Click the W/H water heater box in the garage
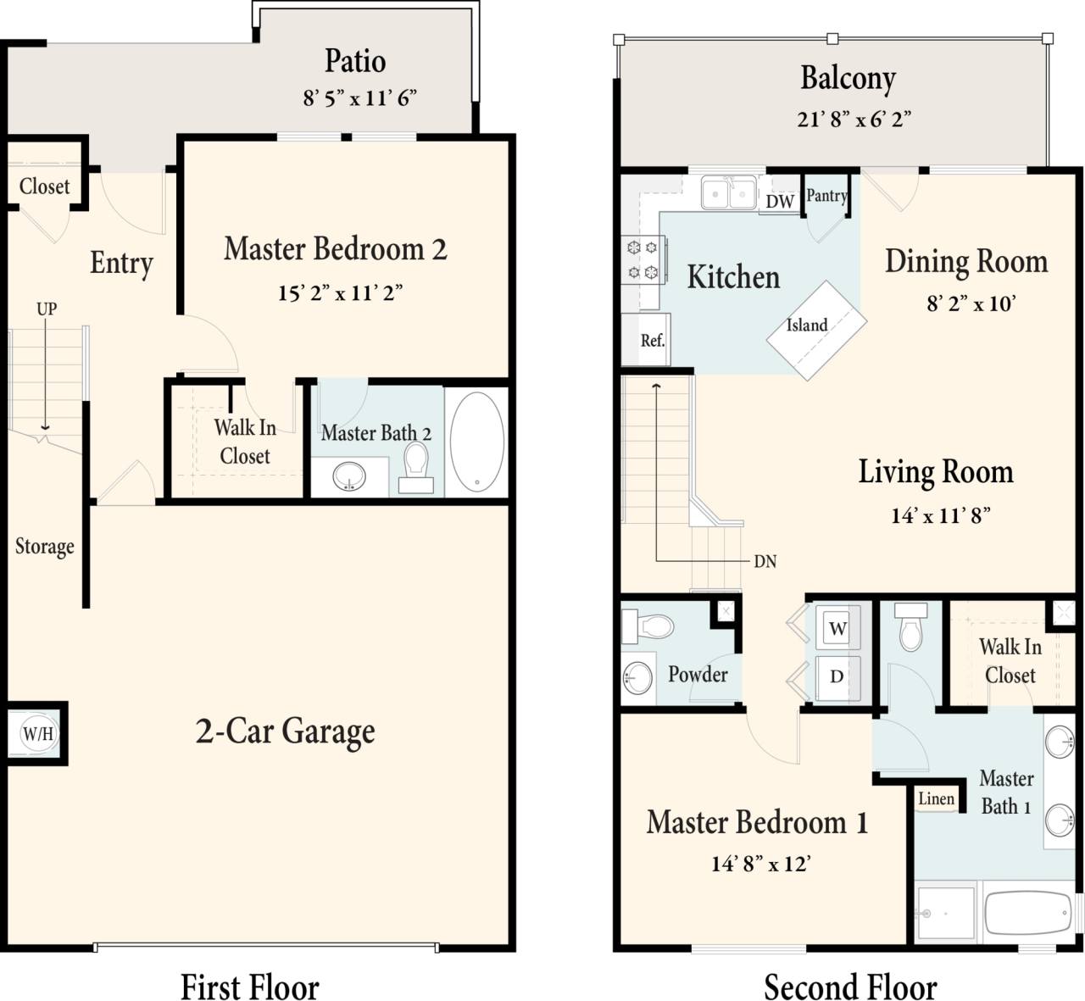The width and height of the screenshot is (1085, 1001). (x=37, y=733)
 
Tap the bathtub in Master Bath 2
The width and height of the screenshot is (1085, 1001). (x=476, y=441)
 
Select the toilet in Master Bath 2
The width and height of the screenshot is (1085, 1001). (x=416, y=464)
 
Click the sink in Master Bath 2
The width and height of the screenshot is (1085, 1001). (x=348, y=476)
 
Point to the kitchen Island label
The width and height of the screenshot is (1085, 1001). (x=807, y=325)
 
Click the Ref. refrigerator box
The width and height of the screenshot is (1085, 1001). (x=651, y=340)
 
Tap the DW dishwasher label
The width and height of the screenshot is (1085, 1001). (x=779, y=201)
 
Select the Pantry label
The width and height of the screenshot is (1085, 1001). (x=826, y=196)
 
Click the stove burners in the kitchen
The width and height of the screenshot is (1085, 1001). (x=642, y=259)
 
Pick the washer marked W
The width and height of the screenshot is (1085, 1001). (x=837, y=628)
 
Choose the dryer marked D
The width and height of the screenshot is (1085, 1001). (x=837, y=676)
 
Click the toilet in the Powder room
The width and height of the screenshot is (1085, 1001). (x=652, y=626)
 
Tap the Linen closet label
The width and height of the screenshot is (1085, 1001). (x=937, y=798)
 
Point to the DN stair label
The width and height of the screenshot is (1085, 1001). (x=765, y=561)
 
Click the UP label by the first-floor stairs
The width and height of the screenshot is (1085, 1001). (x=47, y=309)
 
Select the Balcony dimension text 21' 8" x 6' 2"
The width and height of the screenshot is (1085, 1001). (x=854, y=120)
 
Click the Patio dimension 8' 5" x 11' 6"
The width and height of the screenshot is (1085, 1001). (x=360, y=98)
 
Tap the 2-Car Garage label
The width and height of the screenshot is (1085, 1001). (x=285, y=731)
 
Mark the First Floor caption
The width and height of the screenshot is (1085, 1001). (x=250, y=987)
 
